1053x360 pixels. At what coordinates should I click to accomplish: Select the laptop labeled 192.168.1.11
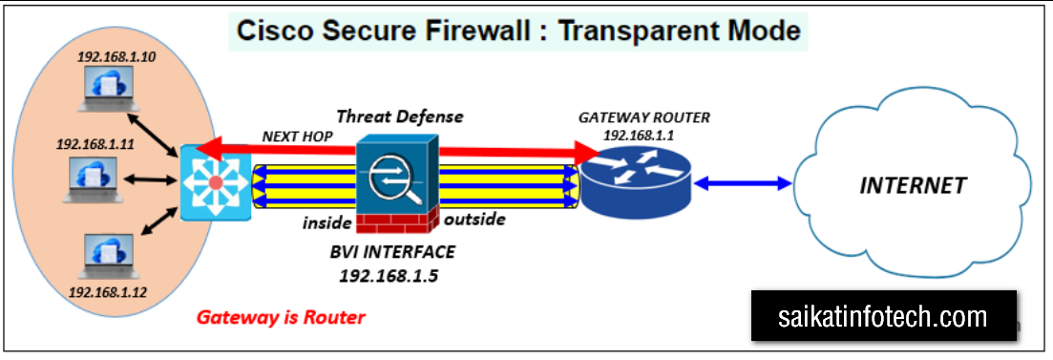pyautogui.click(x=94, y=180)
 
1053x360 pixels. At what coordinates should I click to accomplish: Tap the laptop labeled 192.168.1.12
pyautogui.click(x=109, y=257)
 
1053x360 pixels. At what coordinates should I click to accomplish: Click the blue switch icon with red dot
pyautogui.click(x=216, y=182)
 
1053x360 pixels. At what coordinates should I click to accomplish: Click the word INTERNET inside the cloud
pyautogui.click(x=914, y=184)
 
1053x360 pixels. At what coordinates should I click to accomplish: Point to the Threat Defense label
pyautogui.click(x=400, y=116)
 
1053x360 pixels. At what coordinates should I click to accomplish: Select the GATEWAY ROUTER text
pyautogui.click(x=643, y=118)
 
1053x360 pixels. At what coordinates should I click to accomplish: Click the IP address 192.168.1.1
pyautogui.click(x=638, y=135)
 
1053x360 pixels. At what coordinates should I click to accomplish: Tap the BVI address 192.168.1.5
pyautogui.click(x=389, y=275)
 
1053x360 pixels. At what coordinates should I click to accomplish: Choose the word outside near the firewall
pyautogui.click(x=474, y=220)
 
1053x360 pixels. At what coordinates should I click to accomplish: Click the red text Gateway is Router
pyautogui.click(x=281, y=316)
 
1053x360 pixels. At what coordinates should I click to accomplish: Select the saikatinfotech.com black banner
pyautogui.click(x=883, y=316)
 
